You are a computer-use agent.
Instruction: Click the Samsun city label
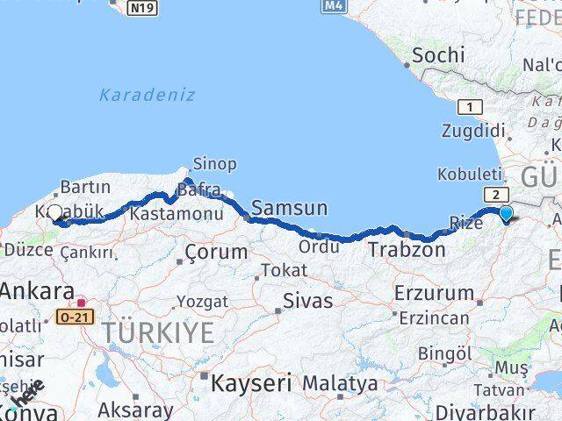click(x=289, y=208)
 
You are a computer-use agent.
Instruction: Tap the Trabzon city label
click(x=407, y=249)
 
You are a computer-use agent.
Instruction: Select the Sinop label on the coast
click(x=214, y=164)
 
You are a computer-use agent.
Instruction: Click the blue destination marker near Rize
click(x=506, y=213)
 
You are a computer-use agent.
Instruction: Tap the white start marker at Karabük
click(x=55, y=212)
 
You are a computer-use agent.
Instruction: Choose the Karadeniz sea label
click(x=147, y=95)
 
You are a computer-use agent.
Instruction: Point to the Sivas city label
click(x=307, y=301)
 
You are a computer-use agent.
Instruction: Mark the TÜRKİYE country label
click(x=157, y=333)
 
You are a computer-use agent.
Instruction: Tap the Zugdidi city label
click(x=474, y=131)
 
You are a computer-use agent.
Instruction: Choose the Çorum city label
click(x=216, y=253)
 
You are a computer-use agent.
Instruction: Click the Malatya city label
click(x=340, y=383)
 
